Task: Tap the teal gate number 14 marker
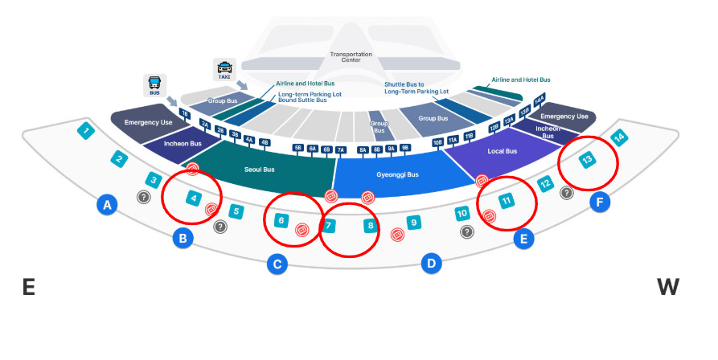pos(618,137)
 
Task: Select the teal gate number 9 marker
pos(413,223)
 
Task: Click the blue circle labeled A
pos(106,206)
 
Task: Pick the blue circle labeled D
pos(432,263)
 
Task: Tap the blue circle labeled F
pos(600,202)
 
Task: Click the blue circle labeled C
pos(277,263)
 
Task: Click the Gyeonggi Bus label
pos(397,174)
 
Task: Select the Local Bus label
pos(503,151)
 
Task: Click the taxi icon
pos(224,70)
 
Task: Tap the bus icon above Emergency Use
pos(154,85)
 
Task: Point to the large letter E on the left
pos(29,287)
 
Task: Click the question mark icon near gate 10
pos(466,231)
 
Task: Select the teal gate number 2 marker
pos(119,159)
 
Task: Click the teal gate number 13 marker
pos(588,160)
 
